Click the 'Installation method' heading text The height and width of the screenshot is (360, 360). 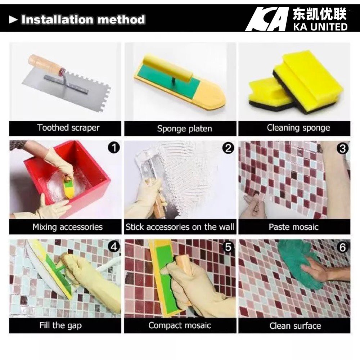tap(83, 19)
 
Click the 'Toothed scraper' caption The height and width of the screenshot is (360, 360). tap(68, 128)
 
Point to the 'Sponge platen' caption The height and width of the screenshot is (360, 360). tap(184, 129)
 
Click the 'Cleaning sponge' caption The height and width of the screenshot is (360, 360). tap(298, 128)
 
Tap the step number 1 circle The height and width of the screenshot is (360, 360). tap(114, 148)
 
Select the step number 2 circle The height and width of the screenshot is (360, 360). tap(228, 148)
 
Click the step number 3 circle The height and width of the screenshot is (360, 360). tap(343, 148)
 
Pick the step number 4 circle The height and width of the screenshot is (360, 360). tap(114, 247)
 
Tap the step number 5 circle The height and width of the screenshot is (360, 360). tap(228, 247)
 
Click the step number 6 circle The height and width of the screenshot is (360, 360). tap(343, 247)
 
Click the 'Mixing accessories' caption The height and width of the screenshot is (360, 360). tap(68, 227)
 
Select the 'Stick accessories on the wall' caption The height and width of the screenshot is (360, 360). tap(180, 227)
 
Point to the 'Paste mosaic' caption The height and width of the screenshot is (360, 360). tap(294, 227)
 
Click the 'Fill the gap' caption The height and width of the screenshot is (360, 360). tap(60, 326)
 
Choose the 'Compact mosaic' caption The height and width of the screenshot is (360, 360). tap(180, 326)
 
